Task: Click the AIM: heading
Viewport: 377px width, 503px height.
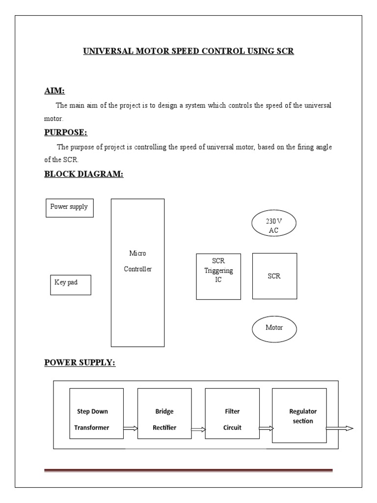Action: click(54, 91)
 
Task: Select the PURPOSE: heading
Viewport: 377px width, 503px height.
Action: click(66, 132)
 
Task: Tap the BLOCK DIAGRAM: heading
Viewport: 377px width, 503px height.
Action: click(83, 173)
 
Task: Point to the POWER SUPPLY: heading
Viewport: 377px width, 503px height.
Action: click(80, 363)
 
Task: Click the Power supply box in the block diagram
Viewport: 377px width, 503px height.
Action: click(69, 208)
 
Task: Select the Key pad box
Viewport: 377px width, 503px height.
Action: click(70, 285)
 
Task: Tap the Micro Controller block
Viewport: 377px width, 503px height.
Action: click(137, 273)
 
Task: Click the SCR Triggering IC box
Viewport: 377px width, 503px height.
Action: click(218, 277)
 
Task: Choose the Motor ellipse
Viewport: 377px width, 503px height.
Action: click(274, 328)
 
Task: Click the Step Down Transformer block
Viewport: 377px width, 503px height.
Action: click(96, 414)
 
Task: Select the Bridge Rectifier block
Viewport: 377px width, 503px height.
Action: click(164, 414)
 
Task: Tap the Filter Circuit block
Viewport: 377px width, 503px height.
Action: click(232, 414)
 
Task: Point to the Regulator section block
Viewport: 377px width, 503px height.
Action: click(299, 416)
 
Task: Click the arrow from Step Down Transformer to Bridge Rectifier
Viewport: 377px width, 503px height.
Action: click(131, 428)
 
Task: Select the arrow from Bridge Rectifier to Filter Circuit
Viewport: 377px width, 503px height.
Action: click(198, 429)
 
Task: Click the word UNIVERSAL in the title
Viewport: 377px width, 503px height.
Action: click(106, 51)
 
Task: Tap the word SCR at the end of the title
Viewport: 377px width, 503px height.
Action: click(285, 51)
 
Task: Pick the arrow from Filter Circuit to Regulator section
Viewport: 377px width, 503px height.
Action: click(266, 428)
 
